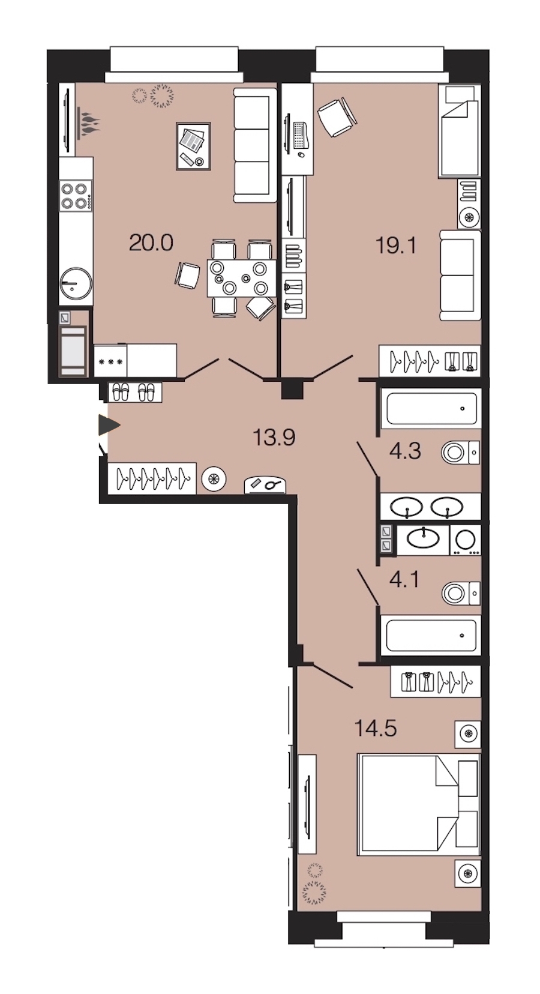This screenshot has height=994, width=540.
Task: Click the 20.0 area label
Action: [x=151, y=243]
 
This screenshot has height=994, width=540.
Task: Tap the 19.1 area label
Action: [x=396, y=245]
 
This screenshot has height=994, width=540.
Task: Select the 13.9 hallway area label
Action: [x=274, y=438]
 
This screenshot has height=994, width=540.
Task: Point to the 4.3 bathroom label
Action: [x=405, y=451]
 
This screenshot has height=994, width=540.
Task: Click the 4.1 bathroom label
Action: [x=404, y=580]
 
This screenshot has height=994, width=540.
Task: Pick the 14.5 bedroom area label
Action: [x=376, y=728]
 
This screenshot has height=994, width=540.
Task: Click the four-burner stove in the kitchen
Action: [x=76, y=196]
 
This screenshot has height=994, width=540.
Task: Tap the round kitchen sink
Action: [x=76, y=283]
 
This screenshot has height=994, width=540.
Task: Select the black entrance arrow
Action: [x=109, y=426]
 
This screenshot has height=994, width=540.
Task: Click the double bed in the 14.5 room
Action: [x=419, y=804]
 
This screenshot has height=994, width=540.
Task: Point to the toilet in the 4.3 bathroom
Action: [x=461, y=453]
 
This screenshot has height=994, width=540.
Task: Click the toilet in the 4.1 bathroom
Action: [x=461, y=593]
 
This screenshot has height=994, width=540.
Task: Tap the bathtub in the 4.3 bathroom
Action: [x=431, y=408]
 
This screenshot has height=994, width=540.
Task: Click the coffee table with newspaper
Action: [x=193, y=146]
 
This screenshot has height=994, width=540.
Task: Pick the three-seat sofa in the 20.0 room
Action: [x=255, y=145]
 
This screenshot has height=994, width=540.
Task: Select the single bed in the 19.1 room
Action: [x=459, y=130]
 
